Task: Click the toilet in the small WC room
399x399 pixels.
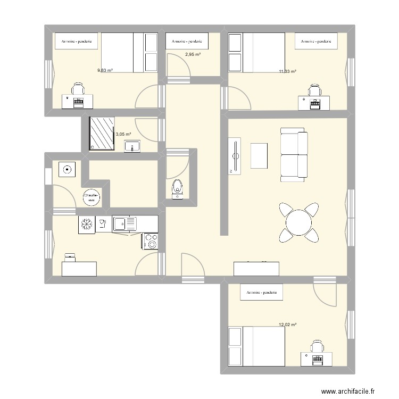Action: [177, 189]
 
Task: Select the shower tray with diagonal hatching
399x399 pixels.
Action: [101, 134]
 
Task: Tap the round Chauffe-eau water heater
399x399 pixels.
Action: [91, 197]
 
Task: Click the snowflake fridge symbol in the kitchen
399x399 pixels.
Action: [86, 224]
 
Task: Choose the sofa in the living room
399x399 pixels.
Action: [294, 154]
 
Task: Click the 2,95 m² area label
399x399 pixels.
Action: [192, 54]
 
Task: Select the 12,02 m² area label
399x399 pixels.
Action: [287, 325]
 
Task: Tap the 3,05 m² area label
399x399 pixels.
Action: [123, 135]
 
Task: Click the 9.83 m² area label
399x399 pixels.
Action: [104, 70]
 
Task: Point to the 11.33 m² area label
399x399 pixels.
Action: [287, 71]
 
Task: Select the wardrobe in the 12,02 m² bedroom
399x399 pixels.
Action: [261, 293]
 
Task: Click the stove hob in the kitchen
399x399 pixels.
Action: [150, 241]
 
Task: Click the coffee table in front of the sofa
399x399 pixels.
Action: [259, 156]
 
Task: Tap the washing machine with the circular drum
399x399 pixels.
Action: [68, 170]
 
